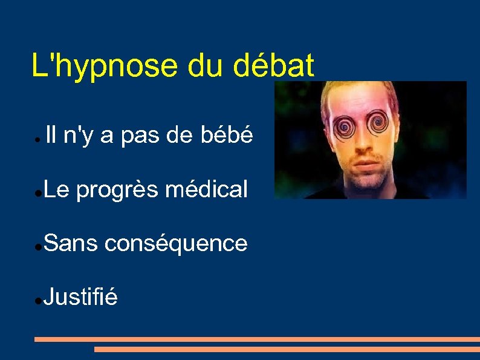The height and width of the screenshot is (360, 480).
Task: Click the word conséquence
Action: click(176, 244)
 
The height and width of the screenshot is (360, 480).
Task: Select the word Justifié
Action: click(80, 297)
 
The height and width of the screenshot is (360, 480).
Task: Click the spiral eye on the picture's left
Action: click(348, 127)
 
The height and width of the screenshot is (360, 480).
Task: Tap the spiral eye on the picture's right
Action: click(379, 124)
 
